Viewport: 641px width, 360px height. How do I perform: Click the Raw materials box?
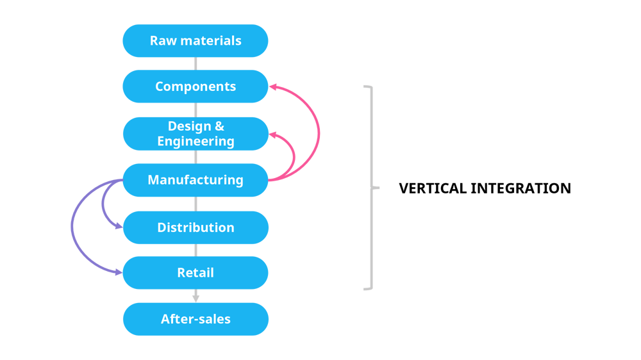pos(196,41)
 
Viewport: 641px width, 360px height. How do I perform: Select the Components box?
pos(196,86)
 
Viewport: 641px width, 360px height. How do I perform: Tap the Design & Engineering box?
pos(196,133)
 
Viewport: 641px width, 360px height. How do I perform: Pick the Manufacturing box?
pos(196,180)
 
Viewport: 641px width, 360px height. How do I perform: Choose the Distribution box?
pos(196,227)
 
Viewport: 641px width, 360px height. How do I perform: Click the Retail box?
pos(196,273)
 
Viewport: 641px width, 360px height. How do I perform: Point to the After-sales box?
pos(196,319)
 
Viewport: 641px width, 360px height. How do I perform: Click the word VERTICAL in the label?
pos(433,188)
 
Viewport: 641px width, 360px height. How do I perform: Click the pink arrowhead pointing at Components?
pos(272,86)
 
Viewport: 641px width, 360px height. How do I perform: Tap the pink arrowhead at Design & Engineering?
pos(272,135)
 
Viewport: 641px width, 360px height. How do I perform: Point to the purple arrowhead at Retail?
pos(119,272)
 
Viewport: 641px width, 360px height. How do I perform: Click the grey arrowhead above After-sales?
pos(196,298)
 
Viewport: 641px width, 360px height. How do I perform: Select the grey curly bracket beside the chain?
pos(370,188)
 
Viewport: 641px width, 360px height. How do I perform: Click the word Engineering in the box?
pos(196,141)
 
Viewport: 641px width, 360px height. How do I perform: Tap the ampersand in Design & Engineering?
pos(219,126)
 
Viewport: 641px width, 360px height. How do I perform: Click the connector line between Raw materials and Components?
pos(196,63)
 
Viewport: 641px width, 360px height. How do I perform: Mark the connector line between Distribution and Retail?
pos(196,250)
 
